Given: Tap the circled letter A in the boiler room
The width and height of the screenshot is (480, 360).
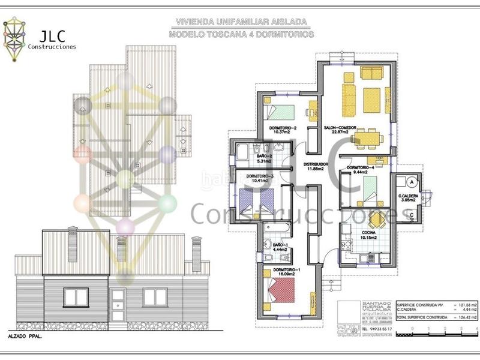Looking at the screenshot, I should [x=412, y=180].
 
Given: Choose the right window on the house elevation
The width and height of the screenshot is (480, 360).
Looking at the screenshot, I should [x=158, y=296].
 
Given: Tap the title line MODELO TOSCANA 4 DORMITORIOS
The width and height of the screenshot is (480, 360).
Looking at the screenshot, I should [x=241, y=35].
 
